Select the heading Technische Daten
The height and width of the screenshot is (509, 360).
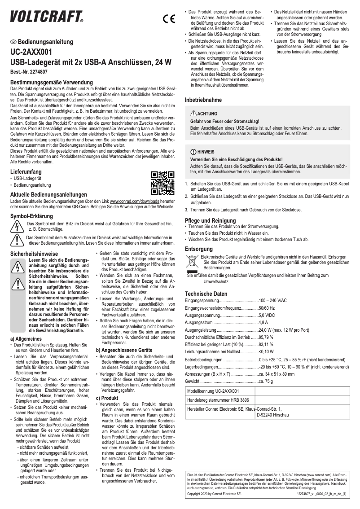point(206,294)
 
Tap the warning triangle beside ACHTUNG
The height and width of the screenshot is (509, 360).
point(193,114)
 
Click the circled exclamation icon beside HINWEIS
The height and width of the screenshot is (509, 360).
point(193,152)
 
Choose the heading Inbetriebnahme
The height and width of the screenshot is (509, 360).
point(203,100)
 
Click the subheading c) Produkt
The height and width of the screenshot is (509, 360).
point(107,385)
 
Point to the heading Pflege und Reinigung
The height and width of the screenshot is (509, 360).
point(211,220)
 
